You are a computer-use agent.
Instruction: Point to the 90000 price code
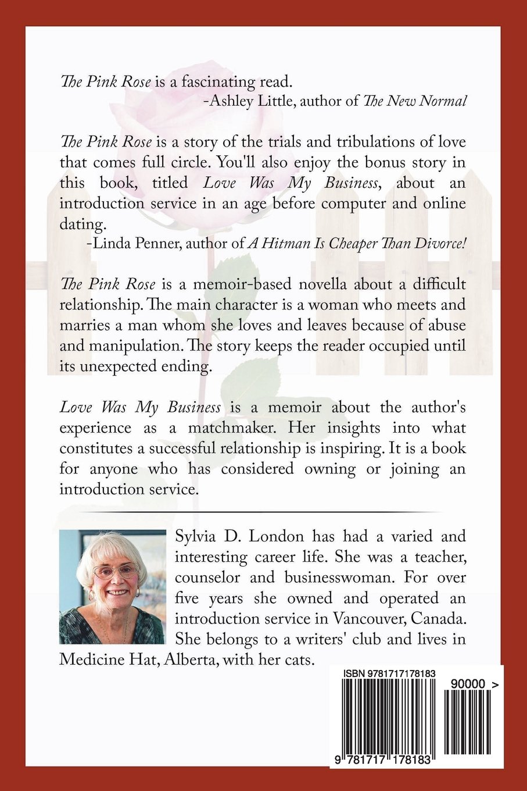[x=466, y=686]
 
